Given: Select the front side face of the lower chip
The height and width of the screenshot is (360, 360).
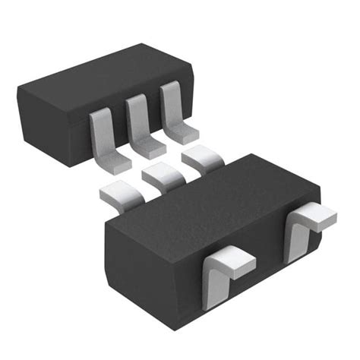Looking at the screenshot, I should (258, 281).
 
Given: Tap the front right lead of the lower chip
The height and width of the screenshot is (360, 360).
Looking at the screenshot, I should (308, 232).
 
